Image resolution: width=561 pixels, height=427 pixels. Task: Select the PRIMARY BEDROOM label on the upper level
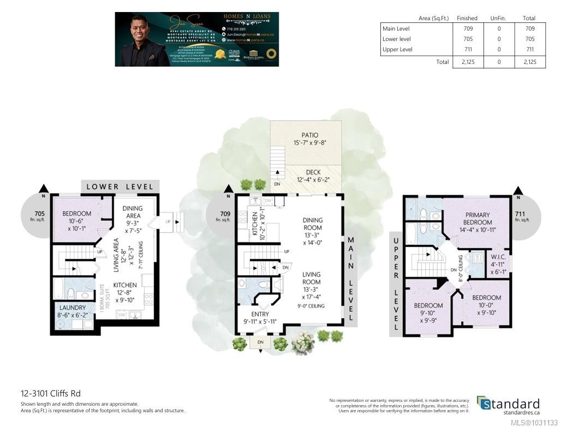[478, 218]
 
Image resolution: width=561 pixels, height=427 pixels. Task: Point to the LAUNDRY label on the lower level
[73, 307]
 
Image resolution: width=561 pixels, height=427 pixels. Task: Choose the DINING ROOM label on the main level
[313, 224]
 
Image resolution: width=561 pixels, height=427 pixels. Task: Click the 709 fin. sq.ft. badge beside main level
[223, 217]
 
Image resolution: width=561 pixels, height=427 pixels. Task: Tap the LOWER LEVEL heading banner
[120, 186]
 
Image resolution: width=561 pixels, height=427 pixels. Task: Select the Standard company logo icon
[484, 403]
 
